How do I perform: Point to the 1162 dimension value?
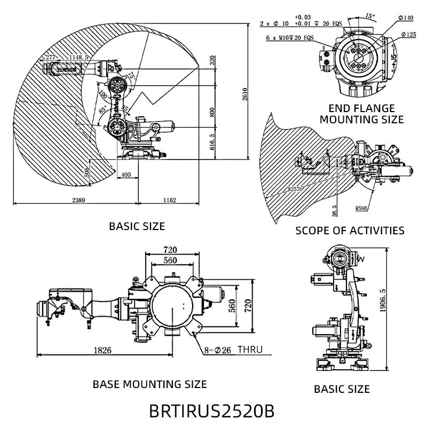tap(170, 200)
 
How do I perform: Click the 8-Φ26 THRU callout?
tap(233, 351)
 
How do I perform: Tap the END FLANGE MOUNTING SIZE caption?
tap(361, 114)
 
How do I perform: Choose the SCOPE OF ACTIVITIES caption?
tap(350, 231)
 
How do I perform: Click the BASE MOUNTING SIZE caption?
tap(149, 384)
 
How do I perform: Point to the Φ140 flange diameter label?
tap(406, 18)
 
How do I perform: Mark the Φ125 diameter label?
tap(408, 34)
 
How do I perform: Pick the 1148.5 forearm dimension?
tap(72, 57)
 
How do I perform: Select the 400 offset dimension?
tap(126, 175)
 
